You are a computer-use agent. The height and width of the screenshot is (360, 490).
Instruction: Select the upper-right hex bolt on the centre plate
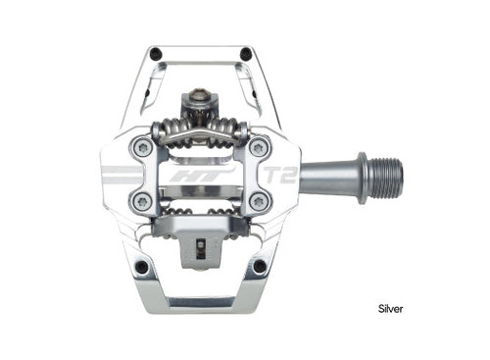(x=258, y=148)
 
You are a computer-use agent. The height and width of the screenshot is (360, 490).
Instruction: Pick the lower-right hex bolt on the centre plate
(x=258, y=202)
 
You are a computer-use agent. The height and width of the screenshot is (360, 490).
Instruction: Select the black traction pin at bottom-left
(x=143, y=267)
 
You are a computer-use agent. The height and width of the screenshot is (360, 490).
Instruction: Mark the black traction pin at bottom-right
(x=260, y=267)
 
